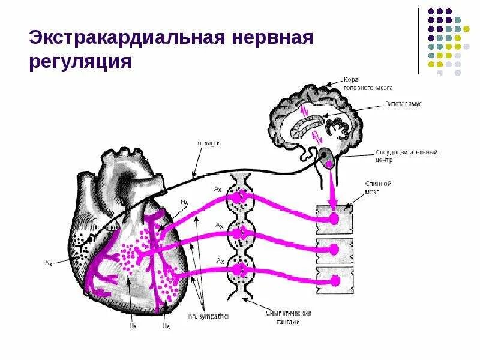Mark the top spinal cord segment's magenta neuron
point(335,218)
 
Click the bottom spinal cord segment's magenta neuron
point(335,280)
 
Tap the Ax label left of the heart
point(48,263)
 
